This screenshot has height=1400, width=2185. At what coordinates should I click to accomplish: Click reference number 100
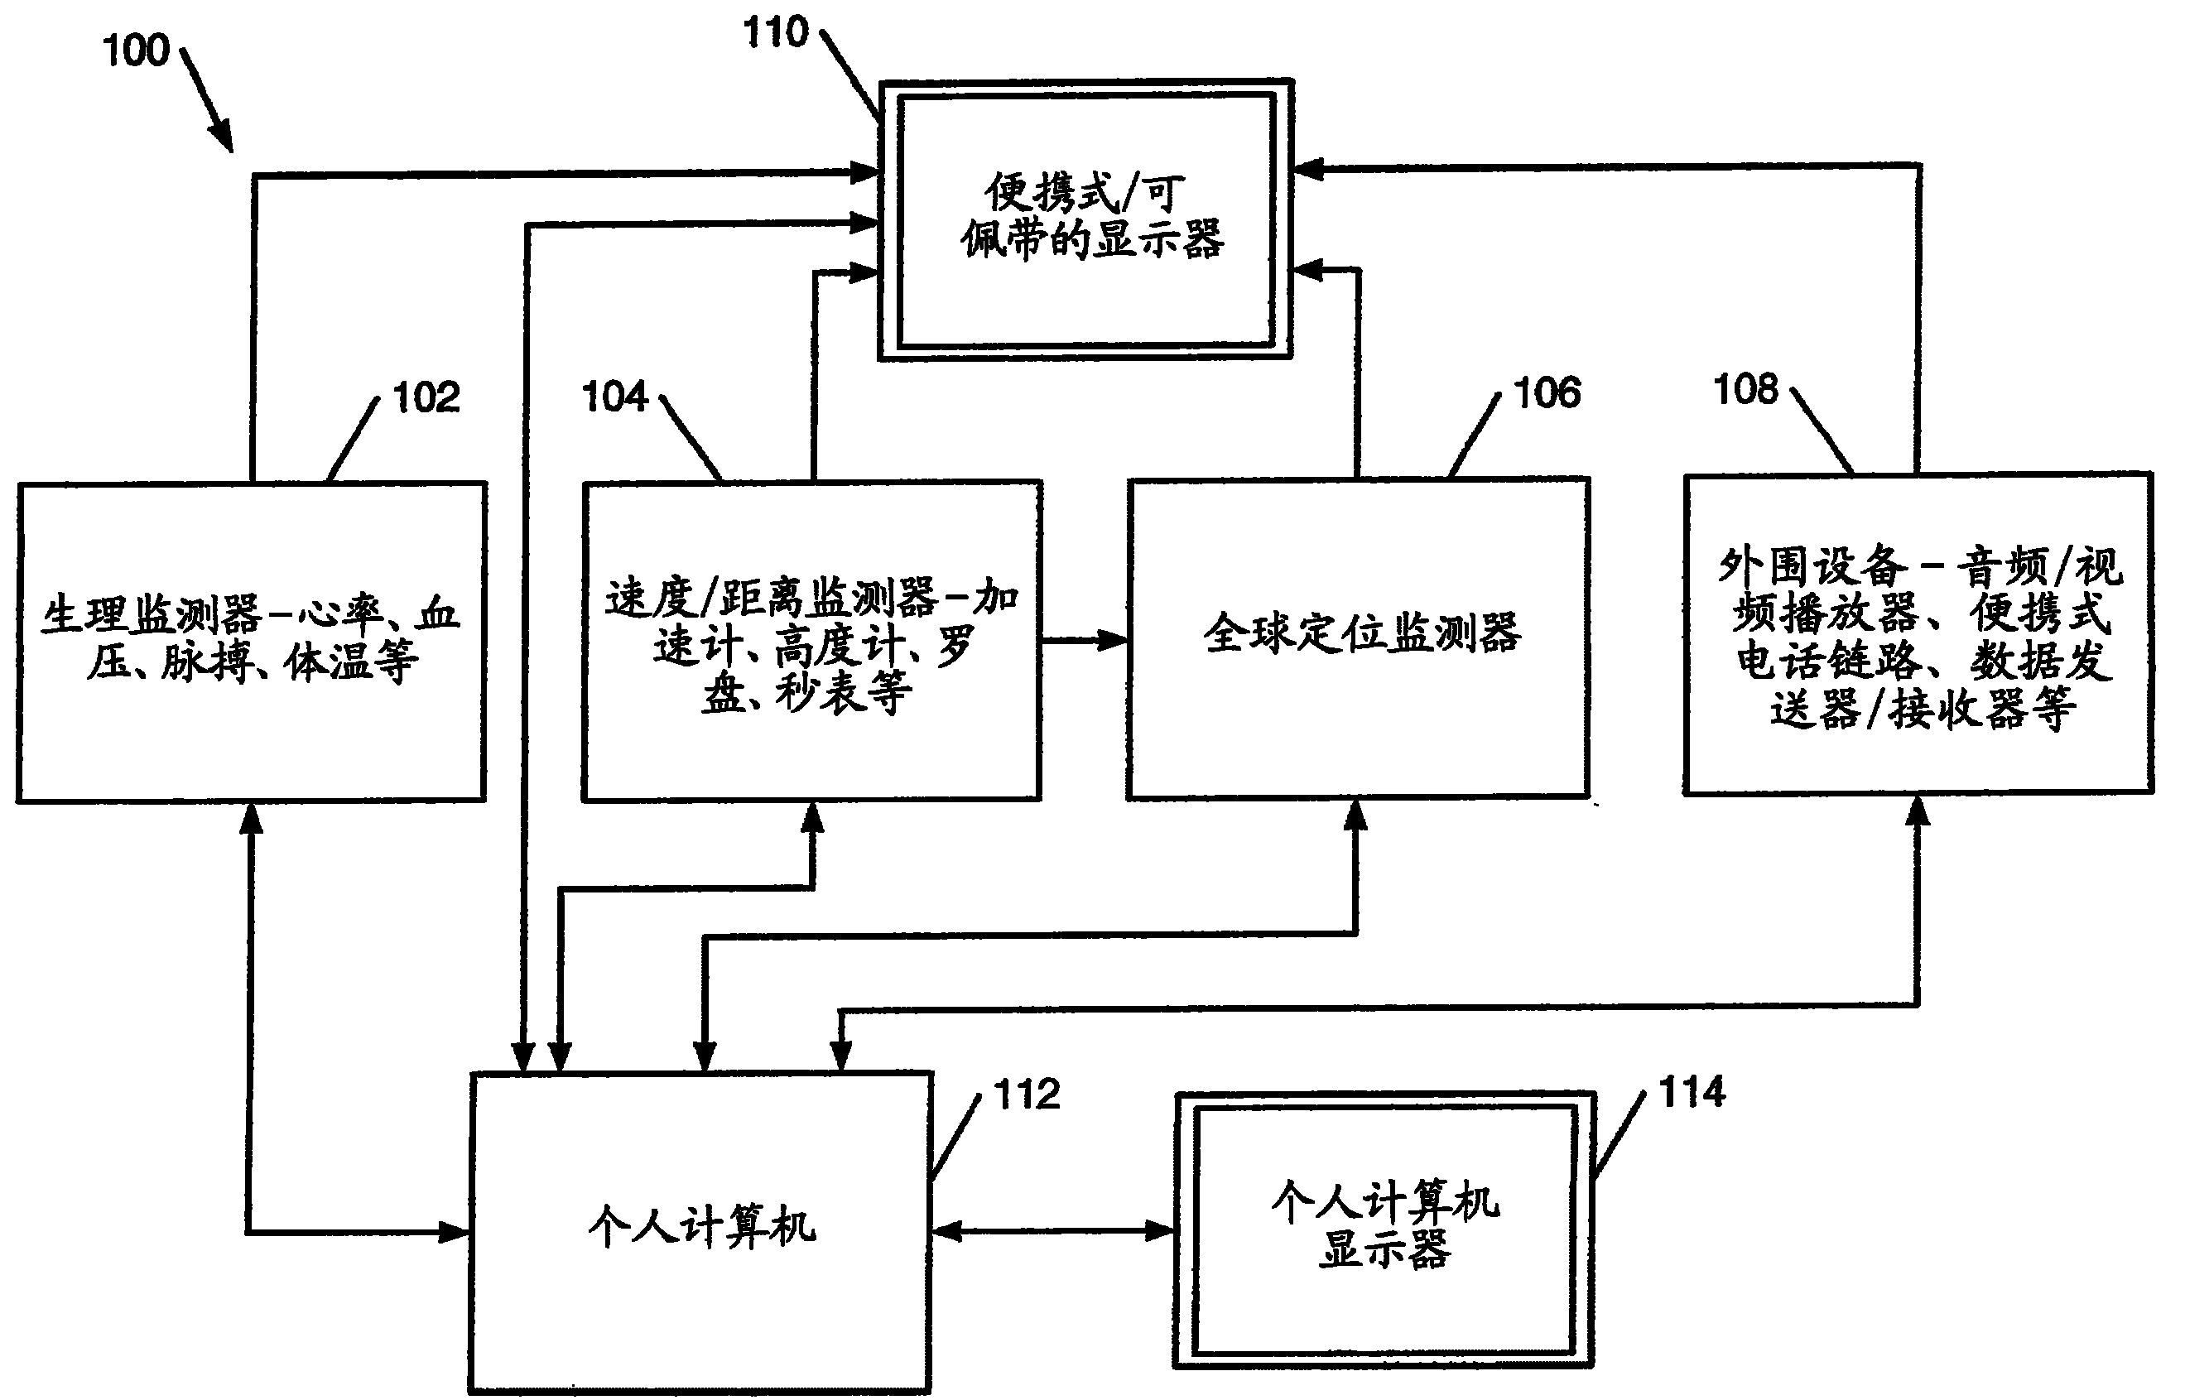137,50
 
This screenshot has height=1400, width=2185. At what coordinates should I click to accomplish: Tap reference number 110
775,33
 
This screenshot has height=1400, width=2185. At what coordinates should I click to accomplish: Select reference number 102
426,398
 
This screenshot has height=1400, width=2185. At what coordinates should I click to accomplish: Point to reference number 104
614,397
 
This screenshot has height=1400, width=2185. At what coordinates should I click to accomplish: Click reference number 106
1547,393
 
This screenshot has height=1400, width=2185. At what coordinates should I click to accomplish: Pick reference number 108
1745,389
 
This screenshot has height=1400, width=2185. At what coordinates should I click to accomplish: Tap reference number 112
1027,1095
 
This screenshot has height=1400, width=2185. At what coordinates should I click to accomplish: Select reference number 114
1692,1092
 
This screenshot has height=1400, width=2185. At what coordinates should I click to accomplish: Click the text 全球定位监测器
1361,633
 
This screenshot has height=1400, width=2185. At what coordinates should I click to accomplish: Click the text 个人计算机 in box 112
701,1227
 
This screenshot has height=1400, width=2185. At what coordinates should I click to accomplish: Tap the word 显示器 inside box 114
1384,1249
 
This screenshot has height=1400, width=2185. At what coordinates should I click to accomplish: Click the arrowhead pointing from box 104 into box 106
1113,640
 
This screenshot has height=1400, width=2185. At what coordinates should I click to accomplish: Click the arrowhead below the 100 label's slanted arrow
222,139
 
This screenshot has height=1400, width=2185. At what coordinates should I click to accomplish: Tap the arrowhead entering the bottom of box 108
1918,812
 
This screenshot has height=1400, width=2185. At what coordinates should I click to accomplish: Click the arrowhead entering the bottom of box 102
251,818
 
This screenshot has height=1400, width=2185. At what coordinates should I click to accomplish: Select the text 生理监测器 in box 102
152,615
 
